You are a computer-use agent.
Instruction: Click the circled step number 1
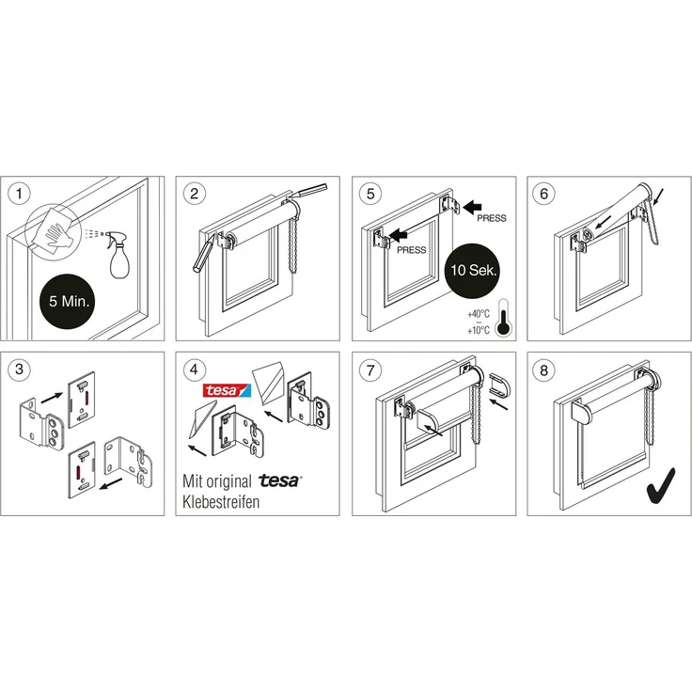pos(19,194)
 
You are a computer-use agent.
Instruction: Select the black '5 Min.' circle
pos(69,302)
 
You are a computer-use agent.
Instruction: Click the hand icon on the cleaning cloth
pos(57,233)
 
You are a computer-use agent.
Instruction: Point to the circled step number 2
pos(195,194)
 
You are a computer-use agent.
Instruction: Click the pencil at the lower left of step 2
pos(203,254)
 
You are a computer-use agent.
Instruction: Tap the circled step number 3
pos(19,369)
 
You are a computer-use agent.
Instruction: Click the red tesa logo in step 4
pos(227,390)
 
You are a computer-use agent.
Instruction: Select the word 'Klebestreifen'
pos(221,502)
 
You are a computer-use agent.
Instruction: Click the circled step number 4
pos(195,369)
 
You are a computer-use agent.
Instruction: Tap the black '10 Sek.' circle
pos(473,271)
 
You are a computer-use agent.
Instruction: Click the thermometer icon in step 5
pos(503,318)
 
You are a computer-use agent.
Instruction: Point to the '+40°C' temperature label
pos(479,314)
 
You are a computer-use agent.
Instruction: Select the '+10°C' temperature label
pos(479,330)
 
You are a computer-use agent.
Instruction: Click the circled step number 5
pos(370,194)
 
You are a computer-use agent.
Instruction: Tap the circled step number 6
pos(543,194)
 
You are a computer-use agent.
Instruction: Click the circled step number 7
pos(370,369)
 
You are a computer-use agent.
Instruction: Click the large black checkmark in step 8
pos(662,485)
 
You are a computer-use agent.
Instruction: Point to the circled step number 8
pos(543,369)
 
